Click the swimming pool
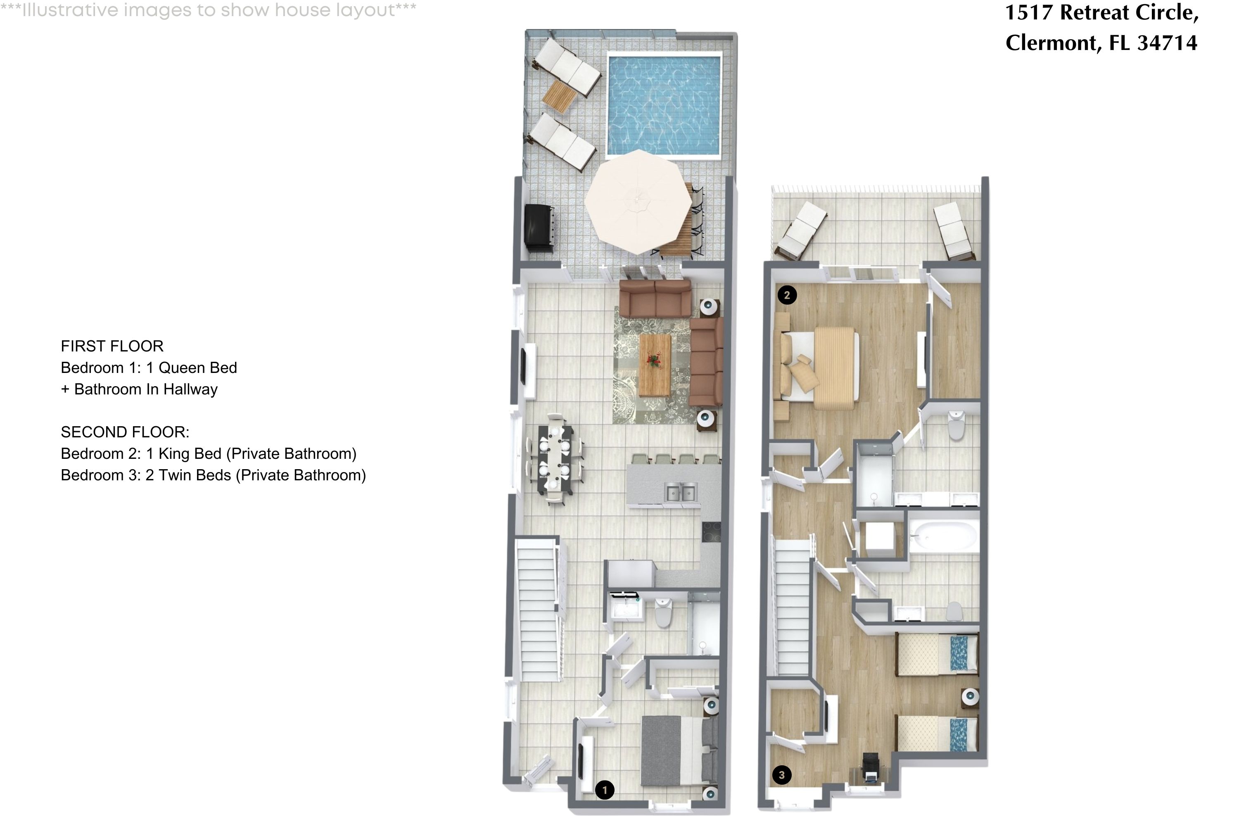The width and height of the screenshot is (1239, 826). coord(664,105)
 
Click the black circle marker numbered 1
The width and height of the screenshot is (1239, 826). coord(604,790)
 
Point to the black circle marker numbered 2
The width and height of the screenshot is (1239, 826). coord(786,295)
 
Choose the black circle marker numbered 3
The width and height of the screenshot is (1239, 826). coord(781,775)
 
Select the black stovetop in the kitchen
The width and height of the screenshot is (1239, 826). coord(711,532)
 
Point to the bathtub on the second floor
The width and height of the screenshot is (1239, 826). coord(943,537)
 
